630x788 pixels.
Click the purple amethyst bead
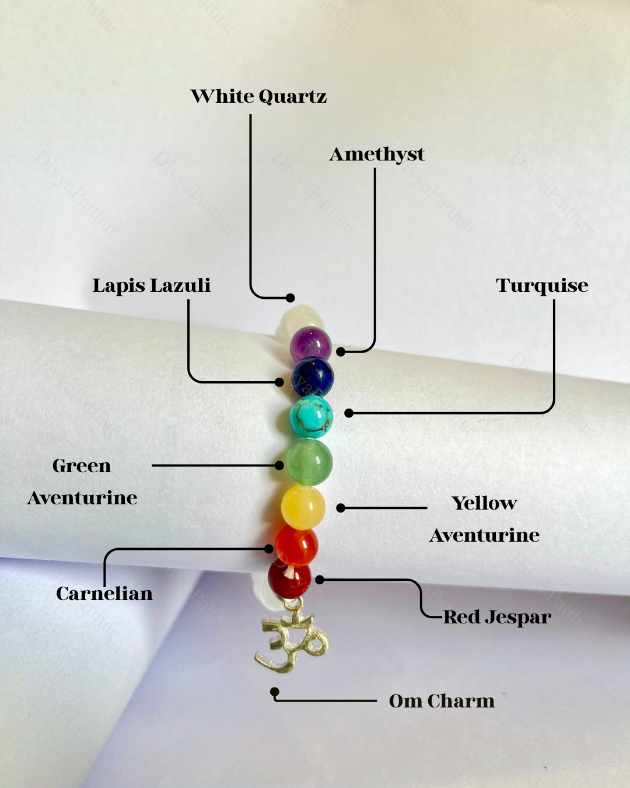click(x=311, y=344)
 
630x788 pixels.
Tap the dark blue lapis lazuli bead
click(x=313, y=376)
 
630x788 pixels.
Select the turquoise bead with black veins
click(x=311, y=416)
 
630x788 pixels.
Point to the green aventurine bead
click(x=309, y=462)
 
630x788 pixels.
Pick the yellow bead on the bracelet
click(x=303, y=508)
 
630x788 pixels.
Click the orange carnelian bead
click(x=296, y=545)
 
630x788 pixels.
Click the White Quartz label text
click(x=258, y=96)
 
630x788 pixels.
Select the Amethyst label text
click(x=377, y=154)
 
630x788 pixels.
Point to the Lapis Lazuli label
click(x=152, y=285)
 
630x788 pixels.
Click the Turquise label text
click(x=542, y=285)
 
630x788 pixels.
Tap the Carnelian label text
click(x=104, y=594)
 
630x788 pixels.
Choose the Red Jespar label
click(x=497, y=617)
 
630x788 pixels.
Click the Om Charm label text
click(x=442, y=701)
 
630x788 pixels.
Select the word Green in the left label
click(x=82, y=466)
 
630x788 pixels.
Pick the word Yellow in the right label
click(x=484, y=503)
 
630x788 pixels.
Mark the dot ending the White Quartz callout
click(x=290, y=298)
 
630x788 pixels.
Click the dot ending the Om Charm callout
click(x=274, y=692)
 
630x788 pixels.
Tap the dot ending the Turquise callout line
click(x=349, y=413)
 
